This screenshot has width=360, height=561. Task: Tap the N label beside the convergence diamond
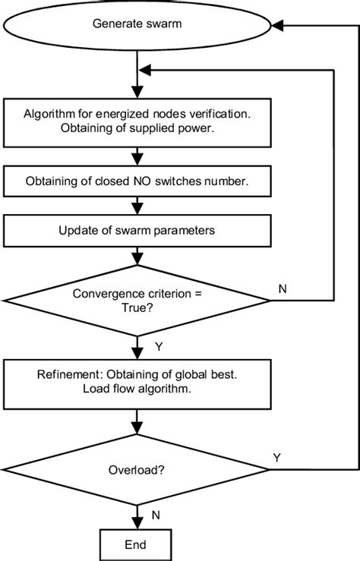pos(283,289)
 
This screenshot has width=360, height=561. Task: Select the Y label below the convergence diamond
pos(158,348)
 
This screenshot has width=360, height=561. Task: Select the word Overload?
pos(137,470)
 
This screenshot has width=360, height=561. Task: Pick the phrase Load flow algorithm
pos(137,390)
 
